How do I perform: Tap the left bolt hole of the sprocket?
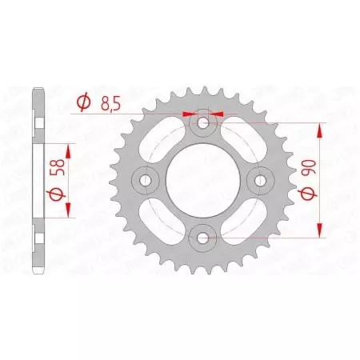pos(146,180)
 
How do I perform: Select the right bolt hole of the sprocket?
pos(259,180)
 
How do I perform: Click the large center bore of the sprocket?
pos(202,180)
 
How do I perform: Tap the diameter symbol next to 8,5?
pos(83,102)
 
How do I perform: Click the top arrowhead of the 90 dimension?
pos(321,128)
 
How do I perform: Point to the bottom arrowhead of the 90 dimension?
pos(321,232)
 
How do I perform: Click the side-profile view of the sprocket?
pos(37,180)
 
